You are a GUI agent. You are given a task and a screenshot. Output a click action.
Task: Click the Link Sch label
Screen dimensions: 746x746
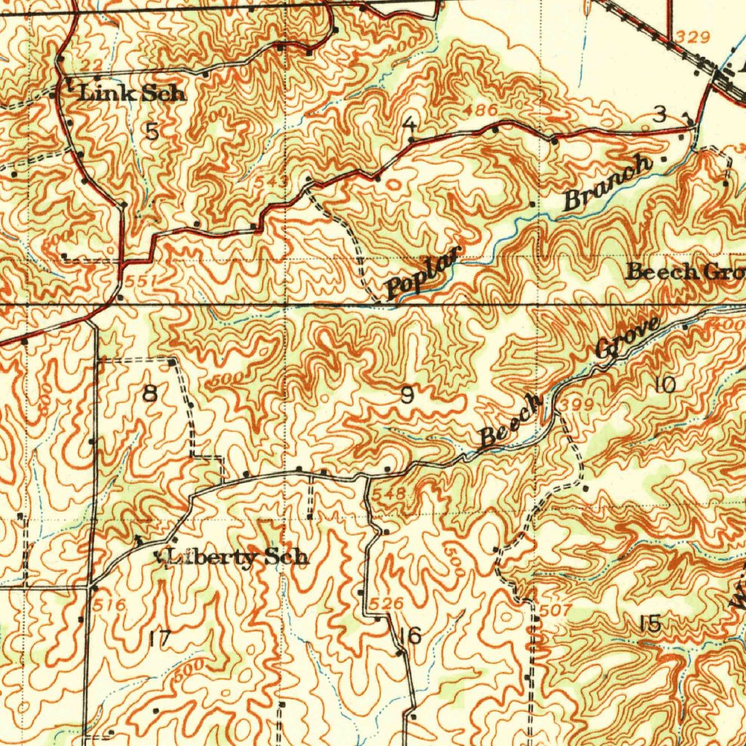(x=132, y=93)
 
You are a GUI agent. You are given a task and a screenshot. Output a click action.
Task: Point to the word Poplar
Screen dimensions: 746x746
(x=425, y=273)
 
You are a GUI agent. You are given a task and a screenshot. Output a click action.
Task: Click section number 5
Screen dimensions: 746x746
(x=152, y=132)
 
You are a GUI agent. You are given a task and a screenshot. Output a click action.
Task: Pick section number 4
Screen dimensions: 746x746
(x=409, y=124)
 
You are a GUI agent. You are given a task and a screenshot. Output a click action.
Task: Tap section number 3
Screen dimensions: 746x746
(x=659, y=114)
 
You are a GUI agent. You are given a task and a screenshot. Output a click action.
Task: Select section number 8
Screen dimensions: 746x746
(x=149, y=394)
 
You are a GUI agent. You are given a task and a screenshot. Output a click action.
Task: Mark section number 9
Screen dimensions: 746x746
(x=408, y=396)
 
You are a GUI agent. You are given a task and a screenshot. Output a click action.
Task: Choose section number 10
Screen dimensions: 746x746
(x=664, y=385)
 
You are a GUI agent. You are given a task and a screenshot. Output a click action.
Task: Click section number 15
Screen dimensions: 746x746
(x=649, y=623)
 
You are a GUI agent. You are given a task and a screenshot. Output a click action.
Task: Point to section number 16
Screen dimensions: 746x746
(x=410, y=635)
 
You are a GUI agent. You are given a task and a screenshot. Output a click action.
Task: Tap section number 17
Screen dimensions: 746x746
(x=159, y=640)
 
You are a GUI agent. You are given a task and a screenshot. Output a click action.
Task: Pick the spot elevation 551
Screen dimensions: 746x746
(x=136, y=280)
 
